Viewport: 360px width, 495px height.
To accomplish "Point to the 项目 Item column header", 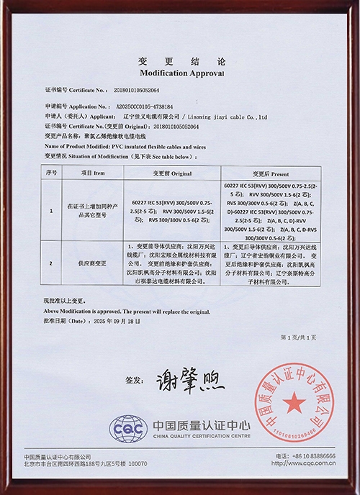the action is [x=94, y=173].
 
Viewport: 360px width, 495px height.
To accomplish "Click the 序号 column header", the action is [x=51, y=173].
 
